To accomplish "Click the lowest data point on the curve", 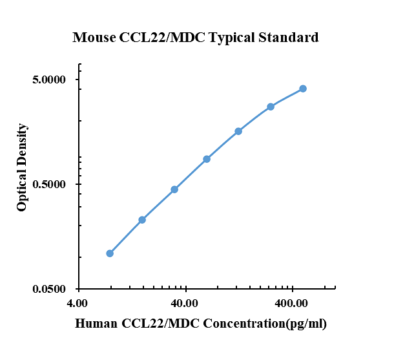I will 110,253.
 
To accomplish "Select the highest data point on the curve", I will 303,89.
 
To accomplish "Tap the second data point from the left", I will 142,220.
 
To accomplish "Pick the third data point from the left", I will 174,189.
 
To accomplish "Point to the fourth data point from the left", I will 207,159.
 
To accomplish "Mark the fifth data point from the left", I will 238,131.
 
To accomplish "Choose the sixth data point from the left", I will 271,107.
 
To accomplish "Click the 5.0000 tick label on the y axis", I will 50,80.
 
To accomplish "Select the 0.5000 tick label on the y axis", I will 50,185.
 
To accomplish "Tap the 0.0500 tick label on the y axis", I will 50,290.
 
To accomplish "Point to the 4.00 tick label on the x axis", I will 78,303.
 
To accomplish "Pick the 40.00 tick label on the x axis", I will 185,303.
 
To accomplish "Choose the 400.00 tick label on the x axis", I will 293,303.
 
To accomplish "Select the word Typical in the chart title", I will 236,37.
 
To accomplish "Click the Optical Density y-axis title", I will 23,167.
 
